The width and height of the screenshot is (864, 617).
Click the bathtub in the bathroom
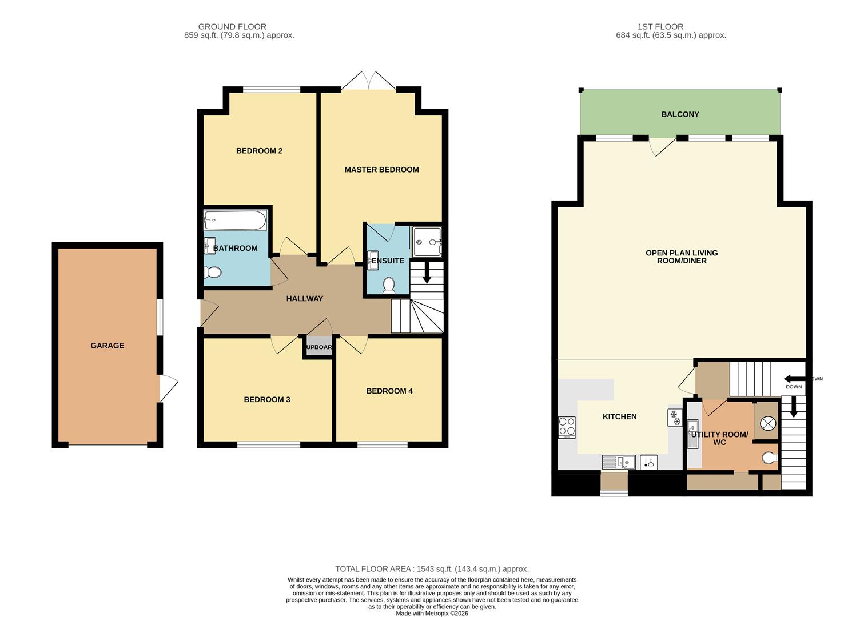[235, 220]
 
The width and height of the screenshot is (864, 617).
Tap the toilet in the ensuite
[388, 286]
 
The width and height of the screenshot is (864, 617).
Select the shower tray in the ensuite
[427, 242]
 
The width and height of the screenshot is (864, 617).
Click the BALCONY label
[680, 114]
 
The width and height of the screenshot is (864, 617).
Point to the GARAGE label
[107, 346]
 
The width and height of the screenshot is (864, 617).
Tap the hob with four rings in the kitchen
[567, 427]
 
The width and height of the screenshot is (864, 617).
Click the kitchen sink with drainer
[619, 462]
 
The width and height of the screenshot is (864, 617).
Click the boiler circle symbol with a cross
[767, 423]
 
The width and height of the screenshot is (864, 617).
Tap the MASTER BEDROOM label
[381, 170]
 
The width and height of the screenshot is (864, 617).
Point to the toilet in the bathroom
[212, 273]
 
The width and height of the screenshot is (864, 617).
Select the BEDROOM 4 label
[389, 391]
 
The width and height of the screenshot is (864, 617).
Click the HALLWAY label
[304, 298]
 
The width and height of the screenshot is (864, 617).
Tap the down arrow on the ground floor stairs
[427, 273]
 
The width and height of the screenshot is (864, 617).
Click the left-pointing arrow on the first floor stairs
[795, 378]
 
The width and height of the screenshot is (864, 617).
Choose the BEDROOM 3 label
[267, 400]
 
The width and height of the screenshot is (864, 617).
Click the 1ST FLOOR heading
[660, 27]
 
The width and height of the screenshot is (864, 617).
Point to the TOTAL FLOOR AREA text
[432, 569]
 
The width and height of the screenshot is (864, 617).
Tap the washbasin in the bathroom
[209, 246]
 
